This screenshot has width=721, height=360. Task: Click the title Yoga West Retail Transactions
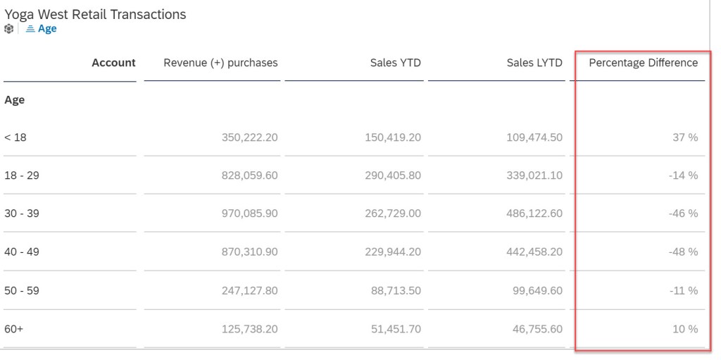95,14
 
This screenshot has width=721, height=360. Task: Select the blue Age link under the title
46,29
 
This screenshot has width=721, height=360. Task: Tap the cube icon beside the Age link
8,29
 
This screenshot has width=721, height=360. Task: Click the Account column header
113,63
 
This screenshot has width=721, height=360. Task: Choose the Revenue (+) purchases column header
220,63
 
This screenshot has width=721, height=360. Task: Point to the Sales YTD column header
395,63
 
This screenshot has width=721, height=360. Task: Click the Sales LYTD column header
534,63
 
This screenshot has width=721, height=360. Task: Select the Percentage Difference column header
643,63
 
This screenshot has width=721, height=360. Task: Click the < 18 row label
15,137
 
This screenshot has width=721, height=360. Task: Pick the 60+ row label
14,329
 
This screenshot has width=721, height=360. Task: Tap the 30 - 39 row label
22,213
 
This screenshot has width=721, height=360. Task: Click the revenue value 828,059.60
243,175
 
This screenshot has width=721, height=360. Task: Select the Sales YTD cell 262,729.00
389,213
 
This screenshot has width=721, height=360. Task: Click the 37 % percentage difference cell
685,137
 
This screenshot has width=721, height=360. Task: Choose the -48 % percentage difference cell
683,252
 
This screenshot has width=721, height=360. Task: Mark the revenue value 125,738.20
243,329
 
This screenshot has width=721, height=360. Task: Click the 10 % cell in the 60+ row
685,329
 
